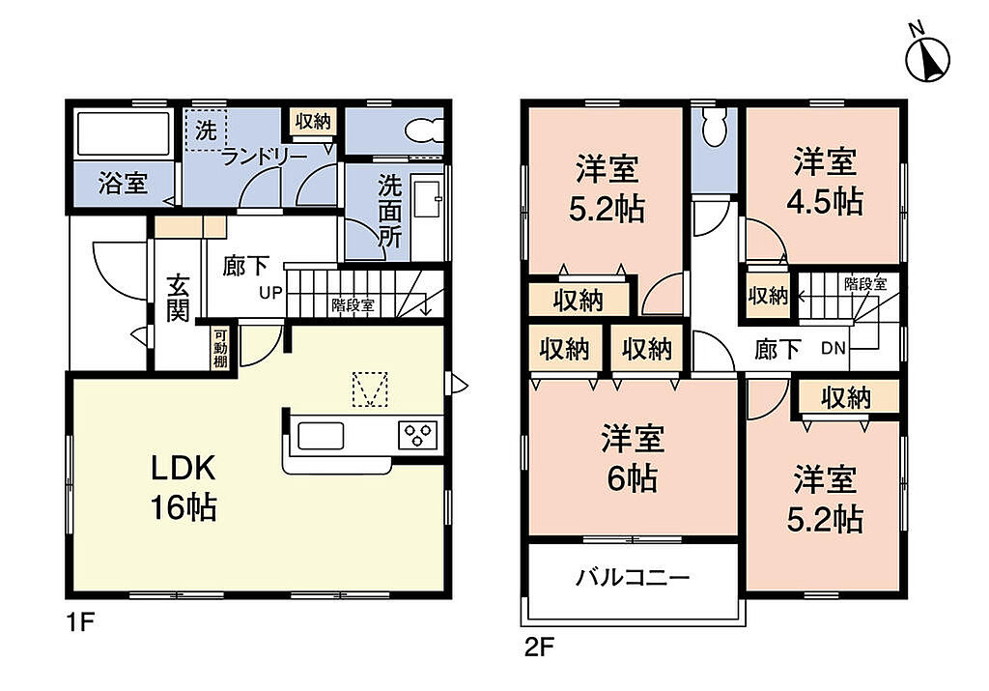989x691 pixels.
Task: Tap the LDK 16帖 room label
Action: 184,487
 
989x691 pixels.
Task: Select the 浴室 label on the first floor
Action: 123,184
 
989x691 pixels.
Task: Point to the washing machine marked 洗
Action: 206,130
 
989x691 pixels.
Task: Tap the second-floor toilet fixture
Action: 715,127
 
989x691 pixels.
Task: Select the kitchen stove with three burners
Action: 418,436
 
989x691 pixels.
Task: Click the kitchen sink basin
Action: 321,436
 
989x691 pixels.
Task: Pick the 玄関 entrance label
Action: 178,298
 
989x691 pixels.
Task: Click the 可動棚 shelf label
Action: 220,348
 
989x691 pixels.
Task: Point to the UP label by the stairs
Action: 270,293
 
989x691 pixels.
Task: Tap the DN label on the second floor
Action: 834,348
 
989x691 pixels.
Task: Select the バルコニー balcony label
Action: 633,577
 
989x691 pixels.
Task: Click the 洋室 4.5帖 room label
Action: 825,182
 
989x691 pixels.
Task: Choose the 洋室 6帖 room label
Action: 633,459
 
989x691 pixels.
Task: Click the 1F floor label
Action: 81,623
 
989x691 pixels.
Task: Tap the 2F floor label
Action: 539,648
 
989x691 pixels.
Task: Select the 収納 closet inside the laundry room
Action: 313,121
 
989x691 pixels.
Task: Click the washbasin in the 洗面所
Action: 427,199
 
